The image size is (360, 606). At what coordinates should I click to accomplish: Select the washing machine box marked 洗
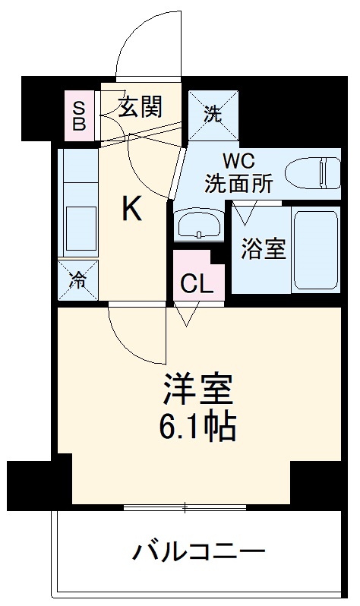(214, 114)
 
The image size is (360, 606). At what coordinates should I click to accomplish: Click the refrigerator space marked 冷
(78, 279)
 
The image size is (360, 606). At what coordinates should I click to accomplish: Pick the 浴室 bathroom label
(264, 249)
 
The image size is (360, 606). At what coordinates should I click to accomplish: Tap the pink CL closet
(197, 284)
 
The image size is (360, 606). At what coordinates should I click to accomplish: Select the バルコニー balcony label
(200, 551)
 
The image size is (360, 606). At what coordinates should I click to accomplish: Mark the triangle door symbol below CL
(187, 313)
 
